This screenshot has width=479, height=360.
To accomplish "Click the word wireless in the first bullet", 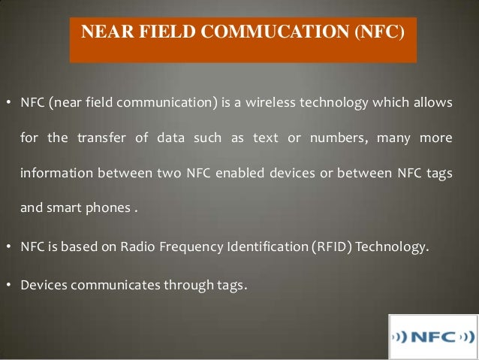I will click(x=274, y=102).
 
